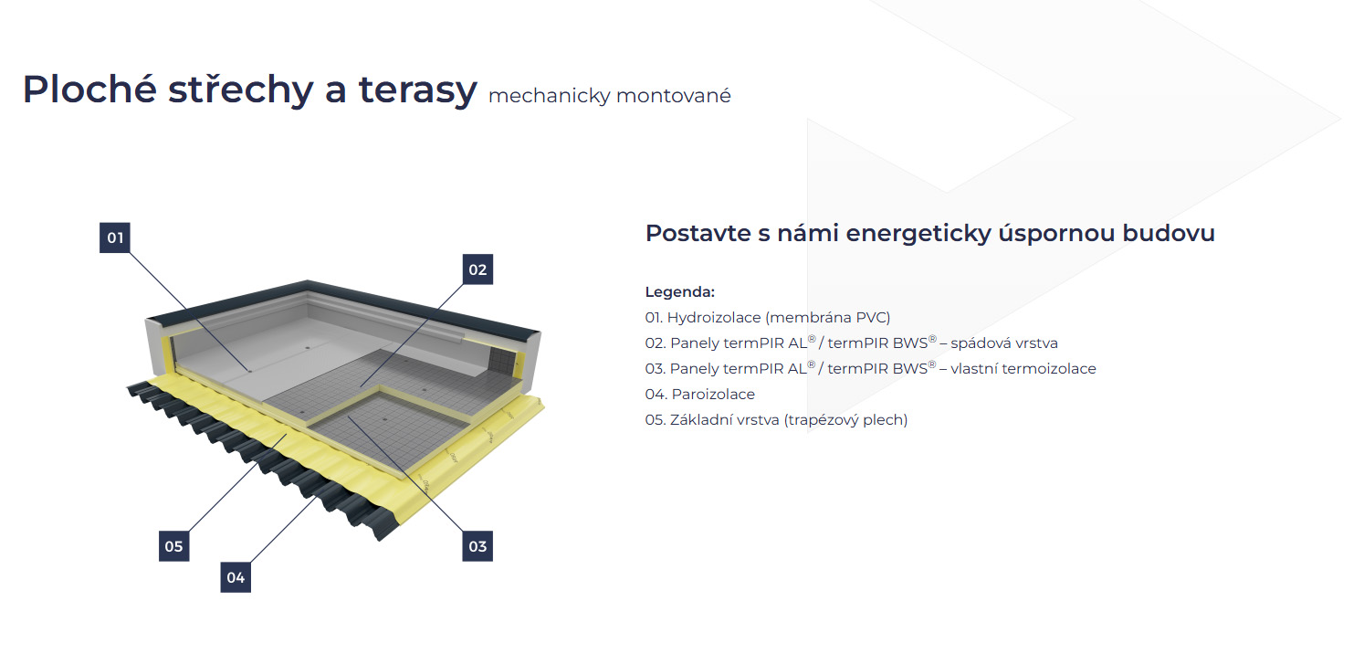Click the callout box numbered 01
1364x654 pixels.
pyautogui.click(x=115, y=238)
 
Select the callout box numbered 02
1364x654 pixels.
pyautogui.click(x=477, y=269)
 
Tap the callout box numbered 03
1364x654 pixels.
pyautogui.click(x=477, y=546)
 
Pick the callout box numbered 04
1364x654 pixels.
pyautogui.click(x=236, y=577)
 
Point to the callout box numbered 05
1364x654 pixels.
pyautogui.click(x=173, y=546)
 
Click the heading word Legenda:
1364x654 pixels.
pyautogui.click(x=679, y=292)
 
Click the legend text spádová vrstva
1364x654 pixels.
pyautogui.click(x=1004, y=343)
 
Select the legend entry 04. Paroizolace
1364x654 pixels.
pyautogui.click(x=699, y=395)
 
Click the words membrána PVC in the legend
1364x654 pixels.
pyautogui.click(x=827, y=318)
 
